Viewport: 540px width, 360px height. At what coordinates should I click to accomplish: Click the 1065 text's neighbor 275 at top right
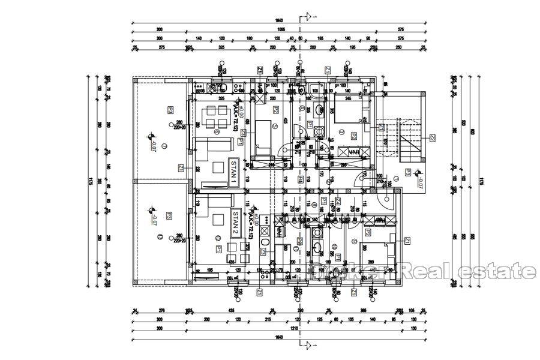[x=401, y=29]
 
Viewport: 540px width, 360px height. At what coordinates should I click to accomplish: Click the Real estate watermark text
[x=468, y=271]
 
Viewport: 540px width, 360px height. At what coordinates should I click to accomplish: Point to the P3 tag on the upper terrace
[x=170, y=110]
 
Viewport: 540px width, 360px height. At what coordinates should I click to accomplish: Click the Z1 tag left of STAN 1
[x=181, y=169]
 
